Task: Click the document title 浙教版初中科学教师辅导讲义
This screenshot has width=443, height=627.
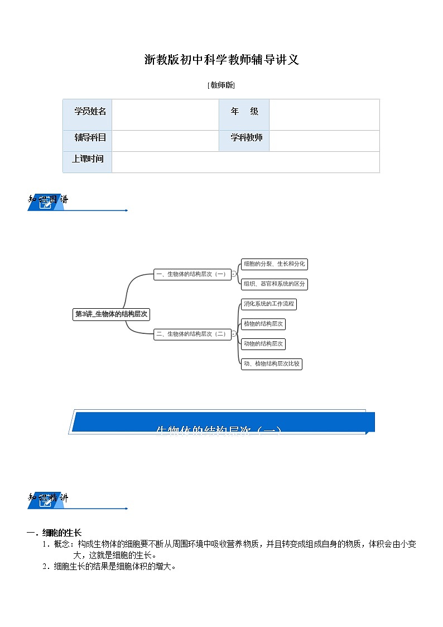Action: click(222, 60)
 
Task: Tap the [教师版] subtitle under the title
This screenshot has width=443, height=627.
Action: click(221, 85)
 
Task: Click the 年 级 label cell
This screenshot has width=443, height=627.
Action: click(244, 111)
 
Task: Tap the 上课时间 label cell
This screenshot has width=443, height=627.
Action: click(88, 159)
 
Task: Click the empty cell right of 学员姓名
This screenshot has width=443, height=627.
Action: click(165, 114)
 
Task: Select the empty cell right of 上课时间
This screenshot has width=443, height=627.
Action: click(245, 162)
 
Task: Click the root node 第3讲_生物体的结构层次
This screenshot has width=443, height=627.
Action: click(111, 314)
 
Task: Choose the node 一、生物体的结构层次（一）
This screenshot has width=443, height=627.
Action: click(192, 274)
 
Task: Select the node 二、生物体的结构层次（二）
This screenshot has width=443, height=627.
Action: click(192, 334)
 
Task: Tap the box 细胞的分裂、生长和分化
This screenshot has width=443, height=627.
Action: click(274, 264)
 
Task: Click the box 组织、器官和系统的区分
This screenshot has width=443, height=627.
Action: click(274, 284)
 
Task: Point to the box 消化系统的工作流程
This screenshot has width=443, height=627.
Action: click(268, 304)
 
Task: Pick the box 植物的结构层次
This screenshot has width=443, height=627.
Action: click(263, 324)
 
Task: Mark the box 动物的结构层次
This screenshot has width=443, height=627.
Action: click(263, 343)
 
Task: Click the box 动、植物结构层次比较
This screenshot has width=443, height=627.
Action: click(272, 364)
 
